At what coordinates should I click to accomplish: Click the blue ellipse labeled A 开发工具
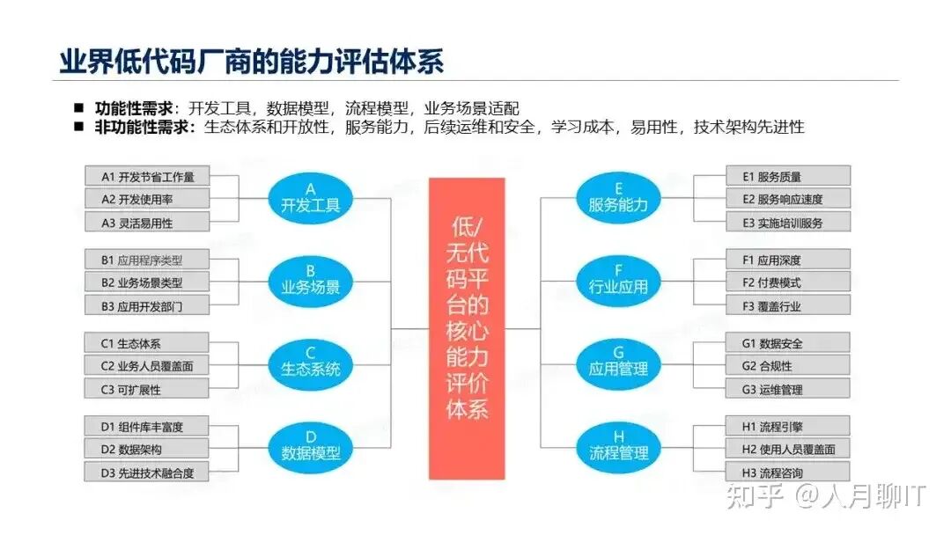click(x=310, y=198)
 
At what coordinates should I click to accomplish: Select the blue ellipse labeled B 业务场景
click(x=310, y=279)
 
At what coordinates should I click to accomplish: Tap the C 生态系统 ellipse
click(x=310, y=362)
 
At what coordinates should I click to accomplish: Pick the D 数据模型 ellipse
click(x=310, y=446)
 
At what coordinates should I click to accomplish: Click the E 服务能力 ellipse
click(x=618, y=198)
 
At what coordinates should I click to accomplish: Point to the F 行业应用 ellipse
click(x=618, y=279)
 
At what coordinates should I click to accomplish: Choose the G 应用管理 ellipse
click(x=618, y=362)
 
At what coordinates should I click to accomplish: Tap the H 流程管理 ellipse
click(x=618, y=446)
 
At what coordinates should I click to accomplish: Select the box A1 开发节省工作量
click(x=148, y=176)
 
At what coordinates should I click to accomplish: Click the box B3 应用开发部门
click(x=148, y=306)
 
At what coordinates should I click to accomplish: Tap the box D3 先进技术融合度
click(x=148, y=473)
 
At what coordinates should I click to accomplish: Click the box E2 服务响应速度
click(x=789, y=199)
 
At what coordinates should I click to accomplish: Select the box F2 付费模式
click(x=789, y=282)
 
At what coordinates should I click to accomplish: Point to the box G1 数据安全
click(x=789, y=342)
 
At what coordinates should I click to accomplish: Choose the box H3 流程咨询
click(x=789, y=473)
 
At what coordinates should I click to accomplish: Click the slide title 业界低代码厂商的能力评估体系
click(x=251, y=61)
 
